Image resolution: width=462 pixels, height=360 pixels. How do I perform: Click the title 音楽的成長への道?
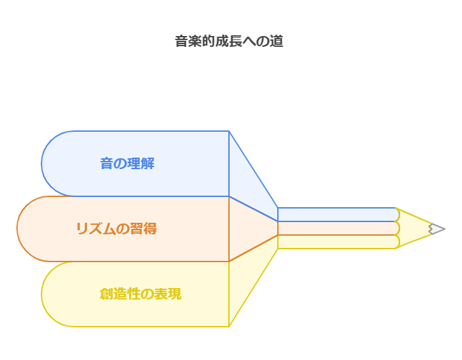point(229,41)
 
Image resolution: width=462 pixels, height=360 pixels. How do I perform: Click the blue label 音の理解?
point(127,164)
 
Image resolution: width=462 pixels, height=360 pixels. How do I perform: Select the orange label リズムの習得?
point(116,229)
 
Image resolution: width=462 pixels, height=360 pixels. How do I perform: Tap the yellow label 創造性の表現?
point(140,294)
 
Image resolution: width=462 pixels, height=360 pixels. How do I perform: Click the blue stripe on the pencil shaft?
point(336,215)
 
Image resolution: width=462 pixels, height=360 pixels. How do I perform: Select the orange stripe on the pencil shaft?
point(336,228)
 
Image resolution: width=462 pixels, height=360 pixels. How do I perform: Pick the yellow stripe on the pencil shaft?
point(336,242)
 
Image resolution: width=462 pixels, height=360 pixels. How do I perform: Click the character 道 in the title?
point(277,41)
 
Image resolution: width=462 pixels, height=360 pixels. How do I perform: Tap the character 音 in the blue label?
point(107,164)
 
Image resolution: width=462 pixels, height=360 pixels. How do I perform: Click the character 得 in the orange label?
point(150,229)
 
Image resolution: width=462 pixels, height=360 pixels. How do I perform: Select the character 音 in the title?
point(181,41)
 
